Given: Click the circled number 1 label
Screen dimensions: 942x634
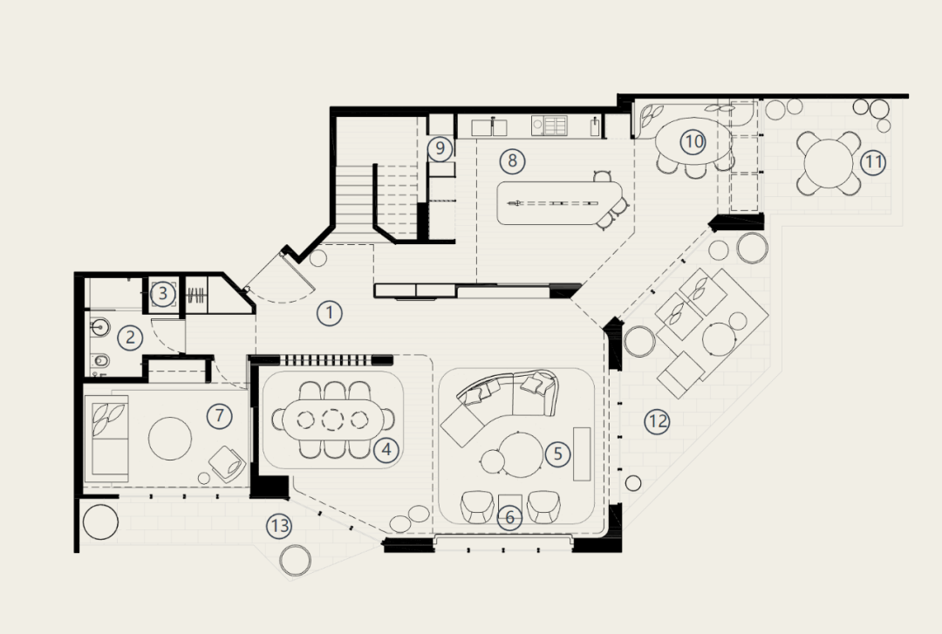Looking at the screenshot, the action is (329, 313).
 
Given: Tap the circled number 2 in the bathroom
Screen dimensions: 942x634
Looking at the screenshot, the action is (130, 337).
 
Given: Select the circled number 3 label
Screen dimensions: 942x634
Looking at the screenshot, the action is (162, 295).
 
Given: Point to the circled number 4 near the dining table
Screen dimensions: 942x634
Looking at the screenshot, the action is (386, 449).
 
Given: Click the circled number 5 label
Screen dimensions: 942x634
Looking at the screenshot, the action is (557, 453).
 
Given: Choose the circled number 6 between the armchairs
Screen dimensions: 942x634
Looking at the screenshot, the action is (509, 517).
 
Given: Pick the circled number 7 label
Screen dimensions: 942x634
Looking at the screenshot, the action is (219, 415).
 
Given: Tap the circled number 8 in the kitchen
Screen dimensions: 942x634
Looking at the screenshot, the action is (512, 160).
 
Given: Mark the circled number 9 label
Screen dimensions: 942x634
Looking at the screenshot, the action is (440, 148).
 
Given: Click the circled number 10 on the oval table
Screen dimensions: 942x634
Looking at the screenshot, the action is (693, 142).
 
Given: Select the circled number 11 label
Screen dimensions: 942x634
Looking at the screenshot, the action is (873, 162).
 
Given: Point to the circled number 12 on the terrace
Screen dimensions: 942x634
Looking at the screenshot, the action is (658, 421).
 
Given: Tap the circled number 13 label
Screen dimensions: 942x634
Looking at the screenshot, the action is (279, 527).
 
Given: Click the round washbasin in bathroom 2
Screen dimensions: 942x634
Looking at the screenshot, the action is (99, 327).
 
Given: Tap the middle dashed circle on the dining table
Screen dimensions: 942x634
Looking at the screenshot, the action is (332, 419).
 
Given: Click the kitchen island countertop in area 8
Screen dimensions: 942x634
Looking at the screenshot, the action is (559, 204).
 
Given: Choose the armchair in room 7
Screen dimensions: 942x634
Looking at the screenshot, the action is (227, 463).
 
